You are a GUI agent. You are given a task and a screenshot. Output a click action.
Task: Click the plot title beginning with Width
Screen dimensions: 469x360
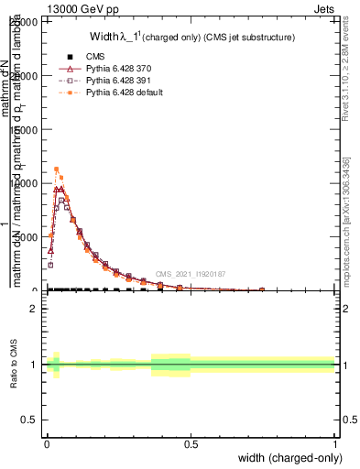[191, 38]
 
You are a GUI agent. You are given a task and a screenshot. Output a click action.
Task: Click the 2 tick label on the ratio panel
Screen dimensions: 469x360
[34, 309]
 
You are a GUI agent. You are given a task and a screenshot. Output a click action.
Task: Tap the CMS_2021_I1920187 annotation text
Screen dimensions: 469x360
[191, 274]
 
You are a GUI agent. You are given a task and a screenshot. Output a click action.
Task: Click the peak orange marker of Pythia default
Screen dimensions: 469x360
[57, 169]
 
